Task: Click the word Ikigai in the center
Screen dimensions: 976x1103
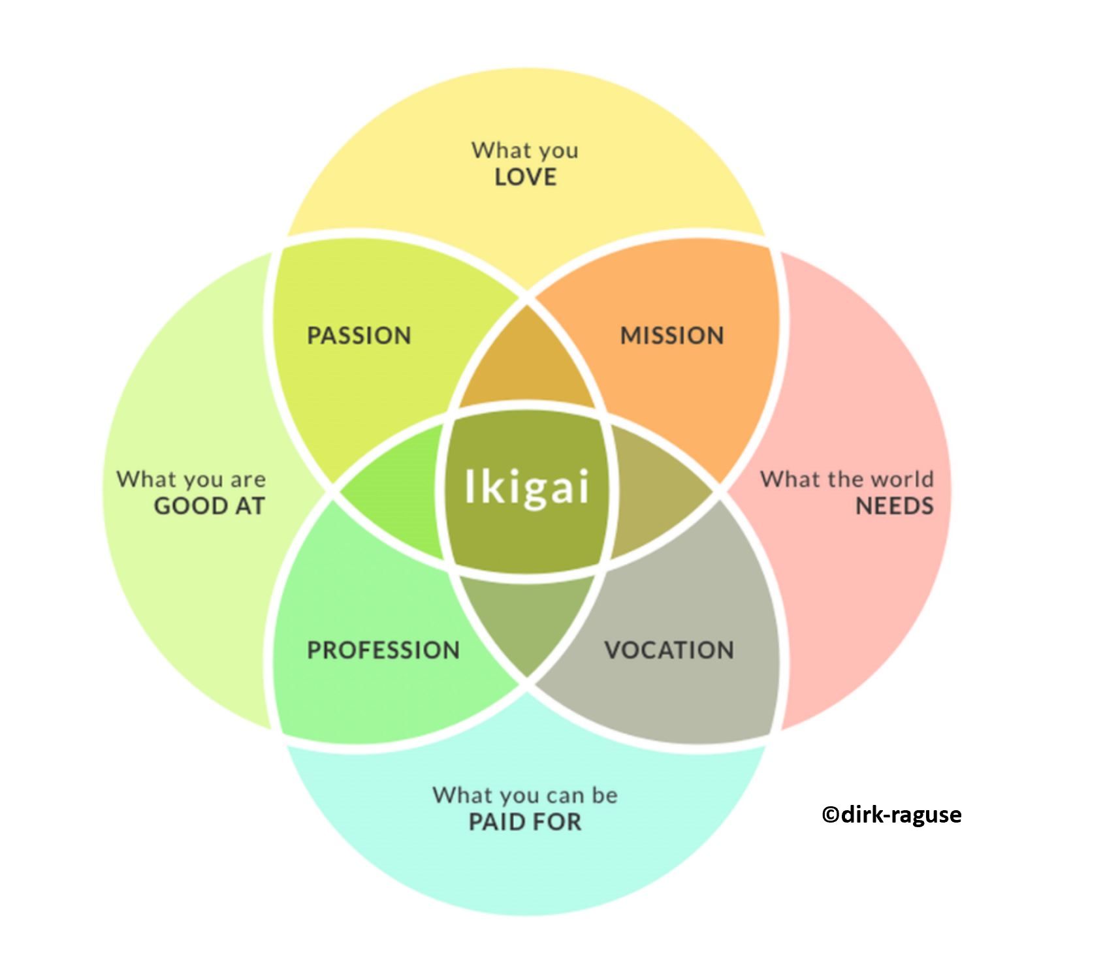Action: pyautogui.click(x=526, y=488)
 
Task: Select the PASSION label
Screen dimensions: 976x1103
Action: pyautogui.click(x=359, y=336)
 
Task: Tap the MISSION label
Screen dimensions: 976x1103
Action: pyautogui.click(x=672, y=336)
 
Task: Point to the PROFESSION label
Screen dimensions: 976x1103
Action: pyautogui.click(x=383, y=650)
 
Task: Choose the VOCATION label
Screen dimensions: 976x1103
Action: pyautogui.click(x=669, y=650)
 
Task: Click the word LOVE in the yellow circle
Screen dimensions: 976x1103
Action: pyautogui.click(x=526, y=178)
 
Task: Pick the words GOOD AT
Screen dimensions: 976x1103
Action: pyautogui.click(x=210, y=506)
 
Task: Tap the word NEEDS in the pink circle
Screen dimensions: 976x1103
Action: pyautogui.click(x=895, y=506)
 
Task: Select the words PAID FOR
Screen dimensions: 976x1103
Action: pyautogui.click(x=525, y=822)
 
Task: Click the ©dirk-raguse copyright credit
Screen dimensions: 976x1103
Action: pyautogui.click(x=891, y=815)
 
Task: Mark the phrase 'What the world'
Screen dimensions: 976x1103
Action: pyautogui.click(x=847, y=479)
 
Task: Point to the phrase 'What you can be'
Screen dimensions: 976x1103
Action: pyautogui.click(x=525, y=795)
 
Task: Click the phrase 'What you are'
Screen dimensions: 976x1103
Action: pyautogui.click(x=191, y=479)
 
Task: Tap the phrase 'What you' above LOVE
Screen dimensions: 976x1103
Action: pyautogui.click(x=525, y=151)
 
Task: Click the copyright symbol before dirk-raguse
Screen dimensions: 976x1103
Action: pyautogui.click(x=830, y=815)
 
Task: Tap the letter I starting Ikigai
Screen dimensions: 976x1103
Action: pyautogui.click(x=469, y=486)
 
